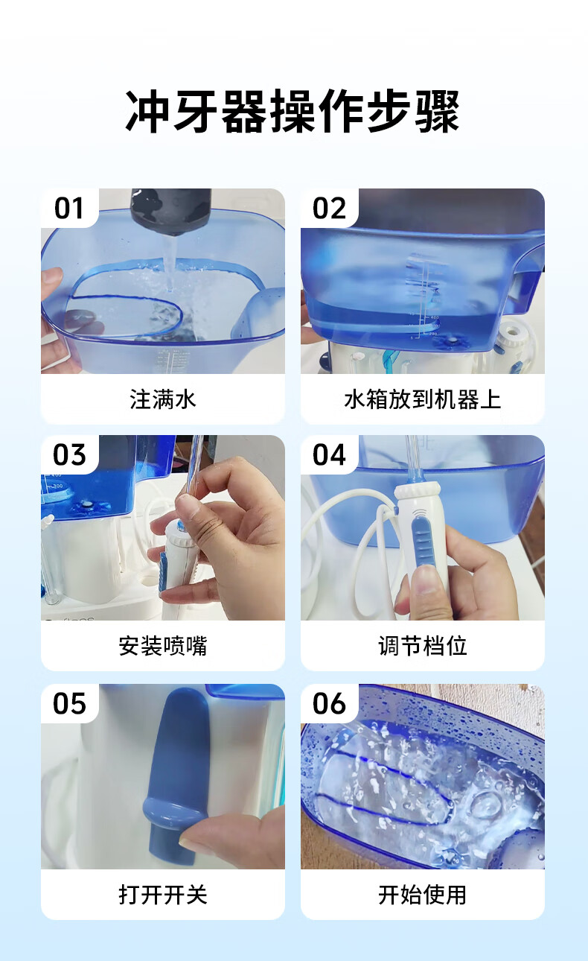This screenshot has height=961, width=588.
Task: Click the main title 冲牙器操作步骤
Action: coord(293,112)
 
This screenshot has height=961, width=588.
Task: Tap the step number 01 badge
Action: coord(69,209)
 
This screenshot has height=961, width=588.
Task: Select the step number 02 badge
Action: coord(329,209)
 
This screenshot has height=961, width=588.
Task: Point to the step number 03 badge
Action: coord(69,454)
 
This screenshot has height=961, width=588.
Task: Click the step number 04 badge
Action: coord(329,454)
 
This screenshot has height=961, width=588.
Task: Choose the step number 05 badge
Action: coord(69,703)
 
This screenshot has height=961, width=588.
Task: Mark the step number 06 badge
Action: coord(329,703)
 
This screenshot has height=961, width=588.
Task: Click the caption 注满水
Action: coord(163,399)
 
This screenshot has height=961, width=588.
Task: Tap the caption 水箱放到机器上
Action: coord(423,399)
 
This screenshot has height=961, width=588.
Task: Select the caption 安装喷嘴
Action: coord(163,646)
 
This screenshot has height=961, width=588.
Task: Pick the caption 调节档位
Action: coord(423,646)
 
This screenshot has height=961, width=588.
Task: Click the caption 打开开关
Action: coord(163,895)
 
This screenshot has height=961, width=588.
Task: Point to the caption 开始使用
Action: coord(423,895)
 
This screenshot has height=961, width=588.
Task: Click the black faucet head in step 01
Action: coord(170,211)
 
